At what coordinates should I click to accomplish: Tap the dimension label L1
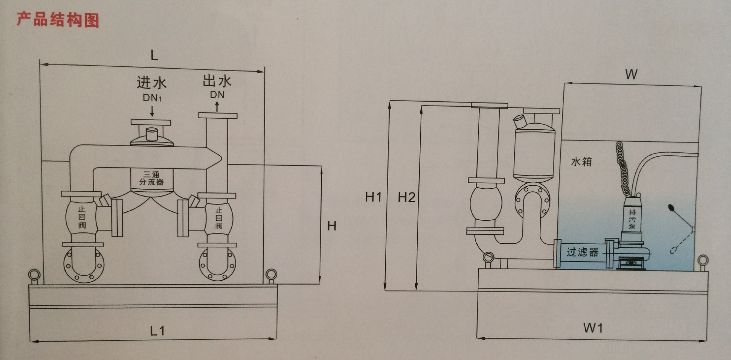point(157,330)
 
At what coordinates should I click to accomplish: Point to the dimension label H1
point(373,197)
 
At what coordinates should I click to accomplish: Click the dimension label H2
point(406,197)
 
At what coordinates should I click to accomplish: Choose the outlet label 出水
point(217,81)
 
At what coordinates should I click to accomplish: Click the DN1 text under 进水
point(152,98)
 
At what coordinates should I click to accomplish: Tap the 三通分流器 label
point(151,178)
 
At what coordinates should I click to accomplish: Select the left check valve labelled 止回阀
point(82,217)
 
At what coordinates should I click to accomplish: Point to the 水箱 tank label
point(581,162)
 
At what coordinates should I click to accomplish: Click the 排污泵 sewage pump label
point(632,219)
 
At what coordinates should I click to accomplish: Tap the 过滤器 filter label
point(582,252)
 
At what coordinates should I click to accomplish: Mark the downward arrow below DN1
point(152,111)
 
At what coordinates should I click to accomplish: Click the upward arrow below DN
point(217,107)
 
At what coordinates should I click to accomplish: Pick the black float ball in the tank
point(671,208)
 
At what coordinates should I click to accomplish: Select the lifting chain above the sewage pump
point(622,168)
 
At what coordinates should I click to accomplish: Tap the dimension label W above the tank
point(631,74)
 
